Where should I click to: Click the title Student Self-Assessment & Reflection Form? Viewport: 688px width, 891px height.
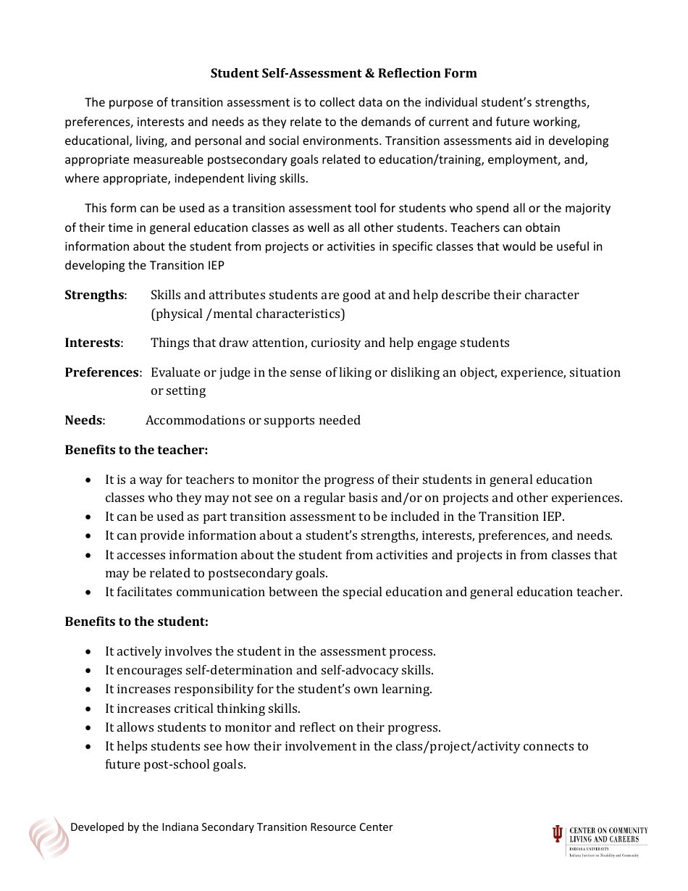pyautogui.click(x=343, y=73)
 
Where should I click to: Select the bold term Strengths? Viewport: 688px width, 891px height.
pyautogui.click(x=94, y=295)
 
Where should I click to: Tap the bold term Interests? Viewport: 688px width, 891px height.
pyautogui.click(x=93, y=343)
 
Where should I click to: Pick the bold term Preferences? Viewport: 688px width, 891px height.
pyautogui.click(x=102, y=372)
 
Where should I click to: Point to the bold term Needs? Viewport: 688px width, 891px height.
pyautogui.click(x=84, y=420)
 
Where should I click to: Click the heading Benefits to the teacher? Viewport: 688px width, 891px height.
pyautogui.click(x=136, y=450)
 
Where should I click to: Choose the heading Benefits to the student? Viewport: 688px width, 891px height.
pyautogui.click(x=136, y=622)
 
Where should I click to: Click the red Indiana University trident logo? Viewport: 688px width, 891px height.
pyautogui.click(x=557, y=834)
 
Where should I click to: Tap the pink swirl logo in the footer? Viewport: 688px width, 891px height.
pyautogui.click(x=49, y=837)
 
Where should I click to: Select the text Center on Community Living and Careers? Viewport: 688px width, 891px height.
pyautogui.click(x=608, y=834)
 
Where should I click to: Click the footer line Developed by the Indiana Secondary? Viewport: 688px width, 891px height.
pyautogui.click(x=231, y=827)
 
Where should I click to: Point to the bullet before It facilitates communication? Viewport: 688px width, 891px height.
pyautogui.click(x=88, y=593)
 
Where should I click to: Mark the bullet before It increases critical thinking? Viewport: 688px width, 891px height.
pyautogui.click(x=88, y=709)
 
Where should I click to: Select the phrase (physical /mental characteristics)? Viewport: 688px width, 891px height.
pyautogui.click(x=248, y=314)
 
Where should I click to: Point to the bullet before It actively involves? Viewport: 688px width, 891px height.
pyautogui.click(x=88, y=652)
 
